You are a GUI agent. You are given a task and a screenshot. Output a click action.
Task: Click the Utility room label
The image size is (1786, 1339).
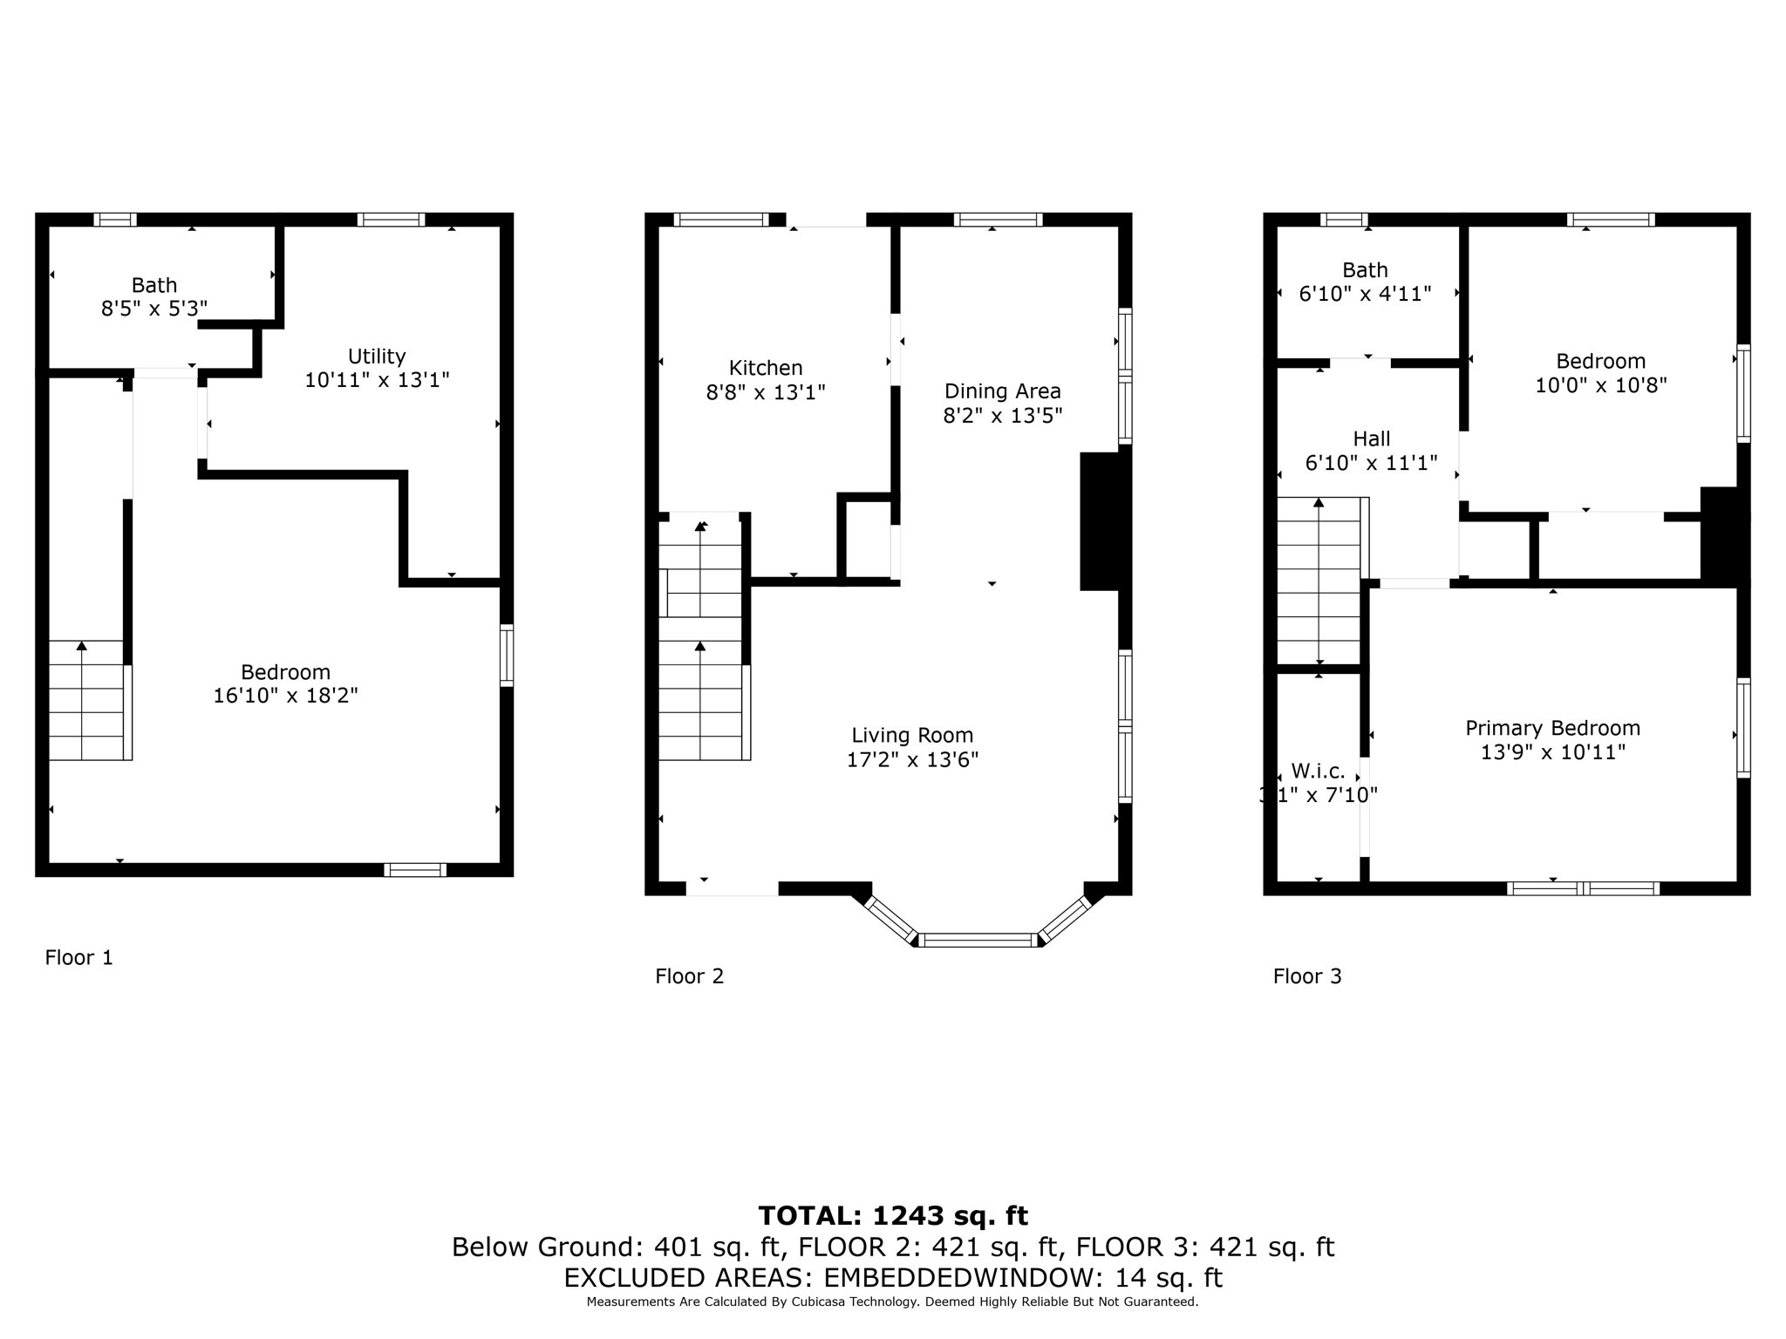377,357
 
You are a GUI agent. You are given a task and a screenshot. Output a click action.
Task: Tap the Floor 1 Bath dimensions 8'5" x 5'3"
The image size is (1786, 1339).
154,309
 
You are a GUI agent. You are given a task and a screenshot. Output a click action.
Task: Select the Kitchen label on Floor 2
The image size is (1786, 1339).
766,368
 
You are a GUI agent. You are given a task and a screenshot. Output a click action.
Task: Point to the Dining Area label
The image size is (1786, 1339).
1002,391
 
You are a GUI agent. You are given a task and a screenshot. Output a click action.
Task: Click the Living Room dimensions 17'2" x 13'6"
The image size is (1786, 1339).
912,759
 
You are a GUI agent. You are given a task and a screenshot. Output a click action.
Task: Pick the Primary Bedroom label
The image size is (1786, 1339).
1552,728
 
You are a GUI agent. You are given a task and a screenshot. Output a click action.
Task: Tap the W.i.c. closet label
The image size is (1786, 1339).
1318,771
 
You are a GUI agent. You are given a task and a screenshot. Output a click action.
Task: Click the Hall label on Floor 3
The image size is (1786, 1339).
1371,438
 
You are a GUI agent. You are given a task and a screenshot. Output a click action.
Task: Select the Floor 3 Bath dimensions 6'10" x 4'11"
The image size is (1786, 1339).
1365,294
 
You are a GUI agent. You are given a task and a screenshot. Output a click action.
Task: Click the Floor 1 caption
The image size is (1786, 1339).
79,958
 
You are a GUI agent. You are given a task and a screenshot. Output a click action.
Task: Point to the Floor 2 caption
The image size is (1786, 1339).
689,976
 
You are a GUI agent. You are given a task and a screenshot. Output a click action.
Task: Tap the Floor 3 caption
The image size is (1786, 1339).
1306,976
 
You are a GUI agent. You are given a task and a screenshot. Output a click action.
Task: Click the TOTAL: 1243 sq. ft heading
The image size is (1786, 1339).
892,1215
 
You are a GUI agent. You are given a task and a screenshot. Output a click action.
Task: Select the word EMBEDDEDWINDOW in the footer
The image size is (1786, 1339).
956,1278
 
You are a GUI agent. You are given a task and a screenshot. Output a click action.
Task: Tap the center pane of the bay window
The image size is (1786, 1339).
978,940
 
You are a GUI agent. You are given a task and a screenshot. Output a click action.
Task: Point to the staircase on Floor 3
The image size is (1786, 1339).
1318,581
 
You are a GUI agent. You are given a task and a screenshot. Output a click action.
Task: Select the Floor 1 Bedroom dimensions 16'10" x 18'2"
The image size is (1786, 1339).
285,696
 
